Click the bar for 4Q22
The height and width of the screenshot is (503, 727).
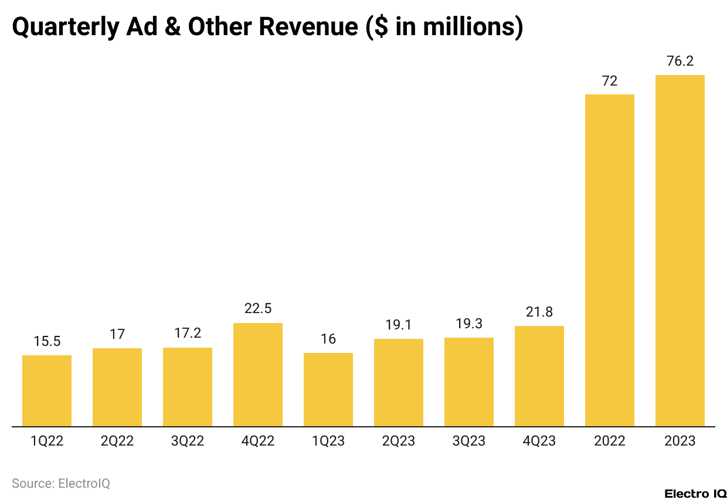click(258, 375)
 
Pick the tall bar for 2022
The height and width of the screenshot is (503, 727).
click(610, 260)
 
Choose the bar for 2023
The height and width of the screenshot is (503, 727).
click(680, 251)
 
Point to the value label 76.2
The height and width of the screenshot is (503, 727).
click(680, 61)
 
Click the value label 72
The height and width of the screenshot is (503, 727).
click(610, 81)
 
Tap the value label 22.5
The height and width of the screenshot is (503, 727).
click(258, 309)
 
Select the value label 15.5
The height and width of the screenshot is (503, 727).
click(47, 341)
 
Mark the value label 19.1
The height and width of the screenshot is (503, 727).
click(399, 325)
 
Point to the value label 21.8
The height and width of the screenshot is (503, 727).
click(539, 312)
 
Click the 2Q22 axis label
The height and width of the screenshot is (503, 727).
click(117, 441)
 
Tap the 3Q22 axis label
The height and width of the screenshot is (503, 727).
click(188, 441)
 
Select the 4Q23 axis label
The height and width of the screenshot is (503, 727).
click(539, 441)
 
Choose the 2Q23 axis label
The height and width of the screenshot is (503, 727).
click(399, 441)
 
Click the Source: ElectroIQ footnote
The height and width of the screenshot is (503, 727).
click(61, 484)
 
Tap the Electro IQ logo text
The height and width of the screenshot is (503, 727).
click(695, 494)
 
